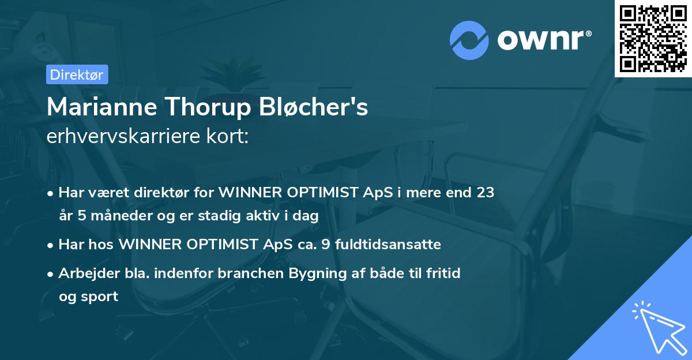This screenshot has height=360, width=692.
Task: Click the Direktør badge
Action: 76,74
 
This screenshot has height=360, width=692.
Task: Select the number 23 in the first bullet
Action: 484,193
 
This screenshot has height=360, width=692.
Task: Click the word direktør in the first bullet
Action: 160,193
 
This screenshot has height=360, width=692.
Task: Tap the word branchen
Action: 247,273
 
